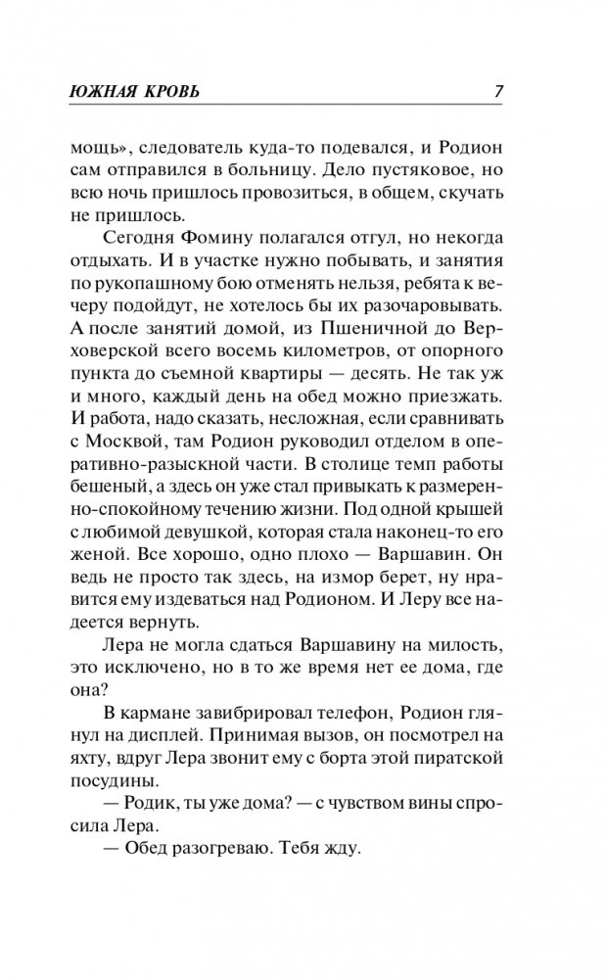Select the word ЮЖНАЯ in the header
pyautogui.click(x=110, y=92)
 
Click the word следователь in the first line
pyautogui.click(x=188, y=147)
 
